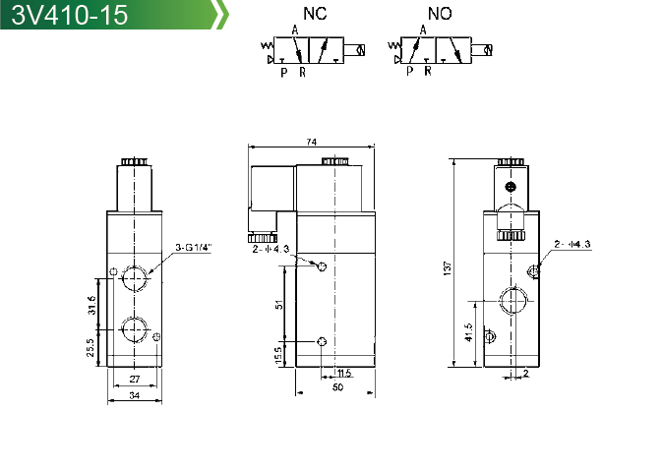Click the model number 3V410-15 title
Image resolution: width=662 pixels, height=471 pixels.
coord(70,15)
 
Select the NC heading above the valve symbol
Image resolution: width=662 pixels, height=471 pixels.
coord(315,14)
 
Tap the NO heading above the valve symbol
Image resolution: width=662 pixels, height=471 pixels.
coord(440,14)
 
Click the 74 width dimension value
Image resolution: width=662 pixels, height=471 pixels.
coord(311,143)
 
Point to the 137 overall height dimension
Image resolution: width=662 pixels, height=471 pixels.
coord(448,268)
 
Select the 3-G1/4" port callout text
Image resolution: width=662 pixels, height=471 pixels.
coord(193,248)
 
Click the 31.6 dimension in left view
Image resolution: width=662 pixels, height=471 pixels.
coord(91,305)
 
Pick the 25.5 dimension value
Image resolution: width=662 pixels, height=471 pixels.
coord(90,348)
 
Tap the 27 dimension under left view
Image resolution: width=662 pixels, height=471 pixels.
coord(135,379)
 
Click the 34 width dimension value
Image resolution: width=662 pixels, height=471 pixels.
coord(135,396)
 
